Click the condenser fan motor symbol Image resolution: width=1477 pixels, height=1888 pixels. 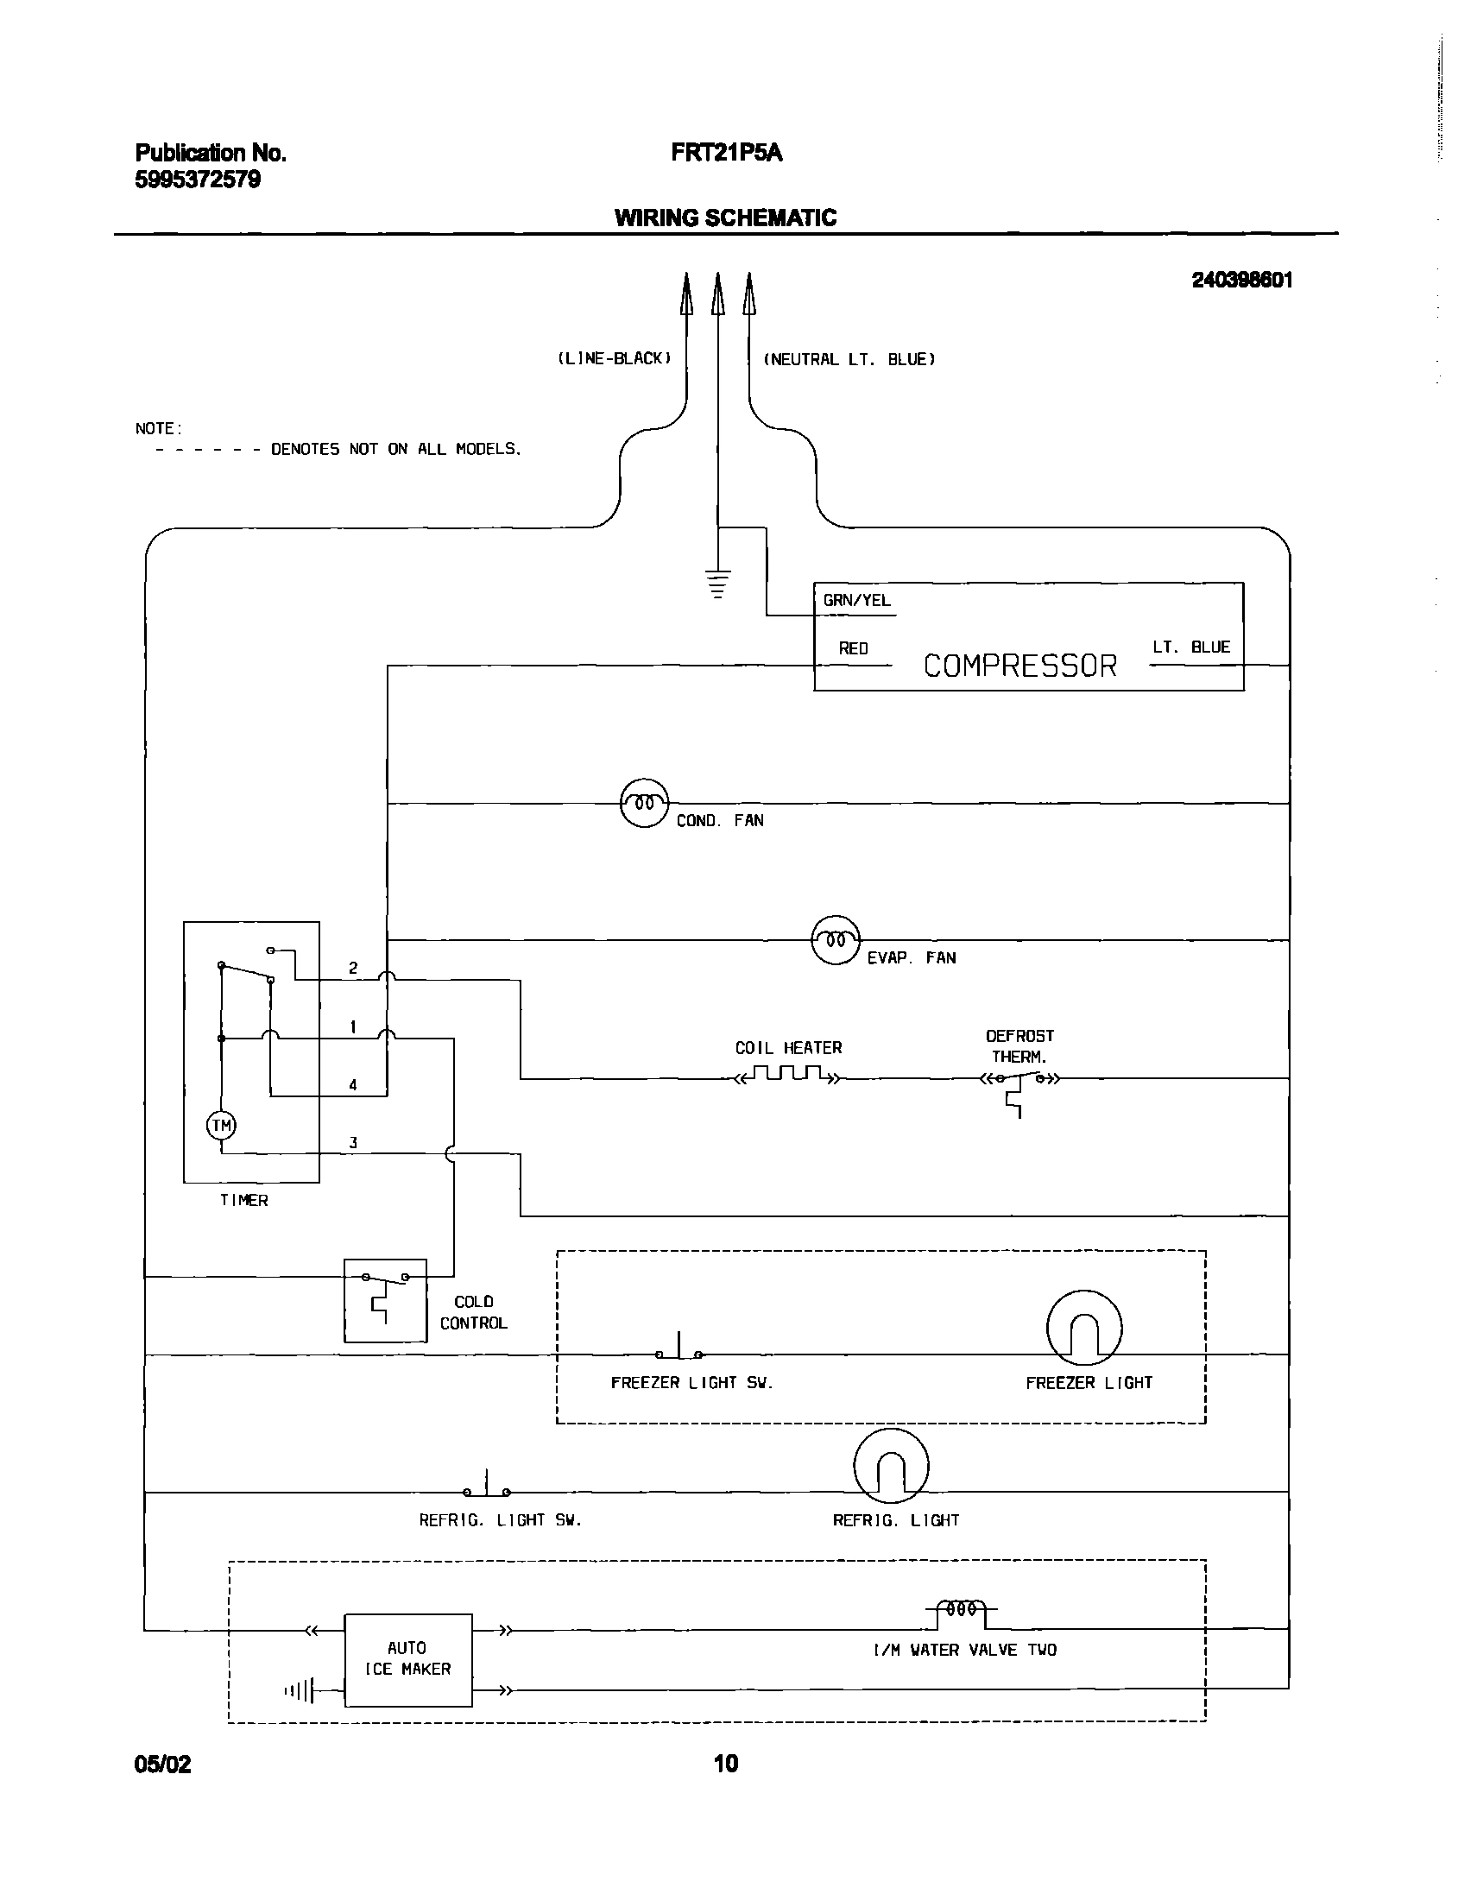644,803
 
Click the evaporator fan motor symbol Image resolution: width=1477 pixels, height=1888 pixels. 836,939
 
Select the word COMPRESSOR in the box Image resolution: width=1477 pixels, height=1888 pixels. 1020,666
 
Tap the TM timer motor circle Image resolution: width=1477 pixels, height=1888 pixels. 221,1125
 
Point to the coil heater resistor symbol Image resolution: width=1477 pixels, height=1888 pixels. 787,1075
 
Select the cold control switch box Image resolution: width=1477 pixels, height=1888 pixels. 385,1300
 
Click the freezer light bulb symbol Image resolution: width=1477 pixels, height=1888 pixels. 1083,1328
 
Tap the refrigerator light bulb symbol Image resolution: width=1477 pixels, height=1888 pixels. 891,1466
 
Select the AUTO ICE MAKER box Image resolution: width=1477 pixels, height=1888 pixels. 408,1659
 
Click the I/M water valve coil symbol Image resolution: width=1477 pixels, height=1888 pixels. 962,1610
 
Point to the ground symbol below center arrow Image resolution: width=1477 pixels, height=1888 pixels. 717,584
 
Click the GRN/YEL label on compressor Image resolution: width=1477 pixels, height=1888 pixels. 856,601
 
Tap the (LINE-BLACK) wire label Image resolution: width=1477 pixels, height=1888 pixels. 614,358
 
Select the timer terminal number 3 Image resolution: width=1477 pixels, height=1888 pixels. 353,1142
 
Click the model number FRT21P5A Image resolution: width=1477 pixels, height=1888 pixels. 726,153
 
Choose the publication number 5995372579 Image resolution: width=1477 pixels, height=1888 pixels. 197,180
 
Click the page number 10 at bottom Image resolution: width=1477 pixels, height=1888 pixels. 725,1764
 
